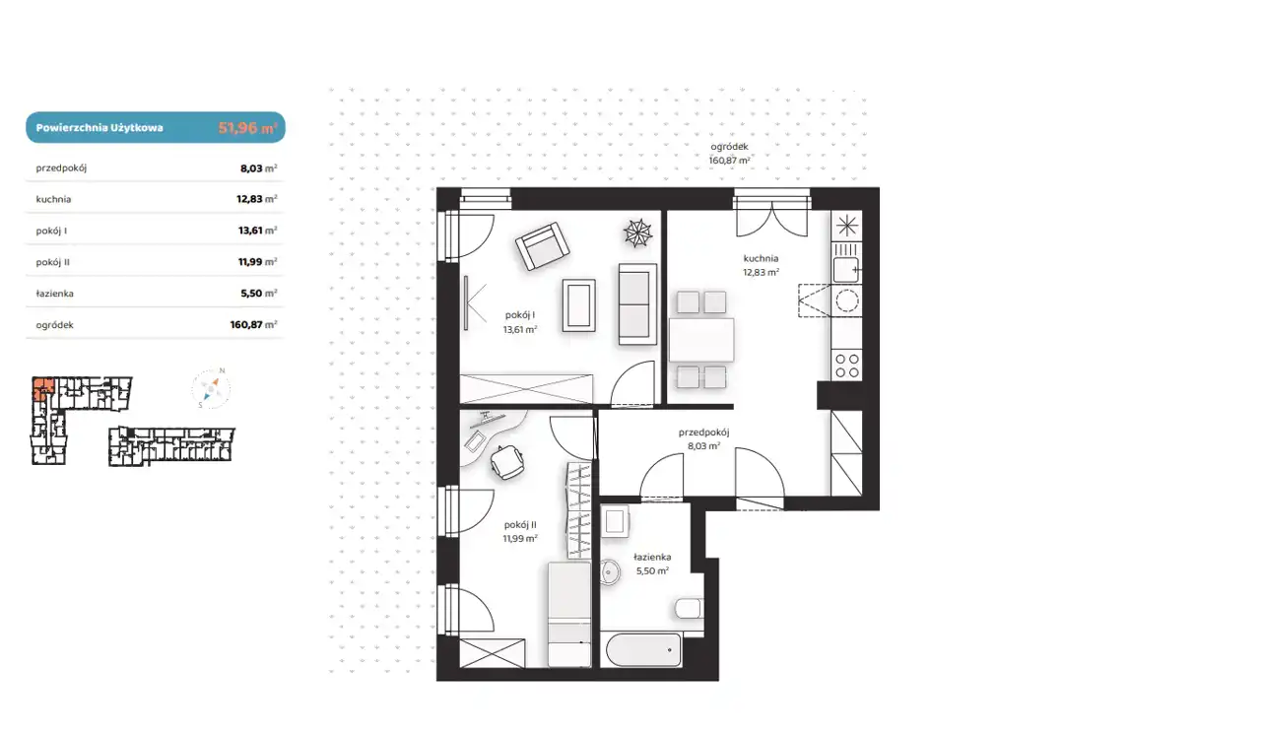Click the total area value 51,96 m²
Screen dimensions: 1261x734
click(247, 128)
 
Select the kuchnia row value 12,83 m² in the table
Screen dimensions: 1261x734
click(257, 199)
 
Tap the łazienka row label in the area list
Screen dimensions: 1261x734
click(54, 294)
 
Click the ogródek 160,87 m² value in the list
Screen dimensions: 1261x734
click(253, 325)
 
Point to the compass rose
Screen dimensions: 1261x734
click(211, 388)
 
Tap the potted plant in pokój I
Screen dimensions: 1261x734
click(637, 233)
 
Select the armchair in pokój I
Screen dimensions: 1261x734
click(542, 246)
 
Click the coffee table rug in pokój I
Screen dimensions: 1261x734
click(578, 305)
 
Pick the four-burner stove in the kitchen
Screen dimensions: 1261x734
click(846, 366)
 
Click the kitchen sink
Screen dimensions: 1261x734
click(846, 270)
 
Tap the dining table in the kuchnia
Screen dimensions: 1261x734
click(701, 340)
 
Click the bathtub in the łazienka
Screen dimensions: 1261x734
click(643, 649)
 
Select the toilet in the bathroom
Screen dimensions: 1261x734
click(689, 608)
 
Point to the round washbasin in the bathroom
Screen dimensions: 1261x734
click(610, 572)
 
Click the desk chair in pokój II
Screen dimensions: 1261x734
click(507, 462)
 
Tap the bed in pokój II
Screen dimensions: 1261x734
click(569, 614)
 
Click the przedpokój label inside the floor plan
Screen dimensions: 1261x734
click(703, 433)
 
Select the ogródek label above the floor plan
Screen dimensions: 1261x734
click(729, 147)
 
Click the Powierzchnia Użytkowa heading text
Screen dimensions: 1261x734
click(100, 128)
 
